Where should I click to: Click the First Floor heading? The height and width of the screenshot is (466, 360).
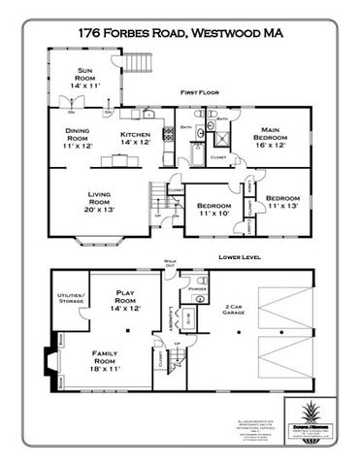tap(194, 92)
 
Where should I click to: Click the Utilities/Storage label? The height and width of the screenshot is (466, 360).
tap(70, 298)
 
